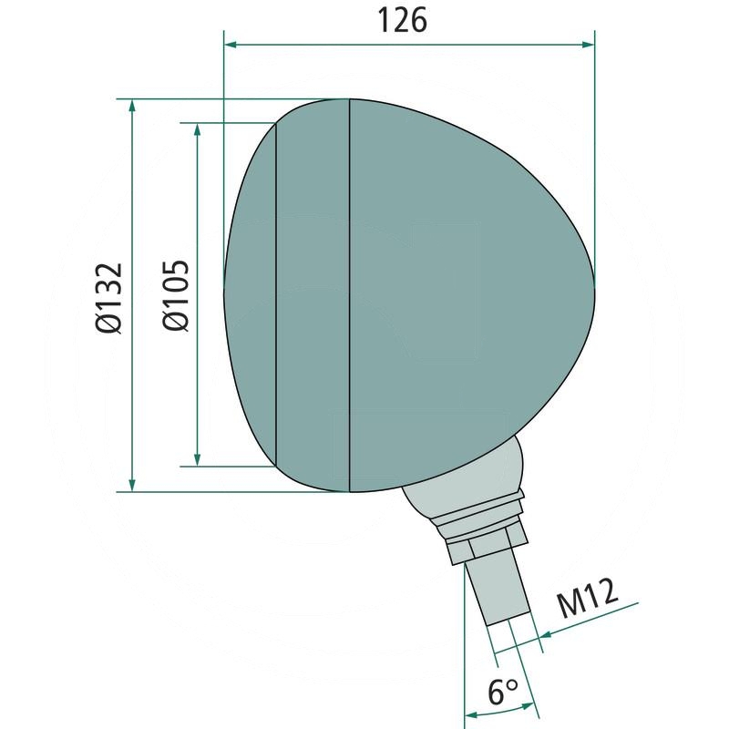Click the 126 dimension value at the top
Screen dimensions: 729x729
click(x=402, y=21)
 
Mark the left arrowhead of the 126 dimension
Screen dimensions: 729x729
click(x=231, y=43)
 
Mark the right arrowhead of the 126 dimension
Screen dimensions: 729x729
click(x=588, y=43)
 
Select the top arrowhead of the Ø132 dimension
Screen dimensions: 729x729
click(x=133, y=106)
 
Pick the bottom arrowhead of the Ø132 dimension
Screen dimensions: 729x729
click(x=133, y=485)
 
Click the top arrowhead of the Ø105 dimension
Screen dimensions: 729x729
click(x=197, y=128)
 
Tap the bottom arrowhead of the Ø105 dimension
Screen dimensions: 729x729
click(x=197, y=459)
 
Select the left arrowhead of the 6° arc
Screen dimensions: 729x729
click(x=471, y=714)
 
